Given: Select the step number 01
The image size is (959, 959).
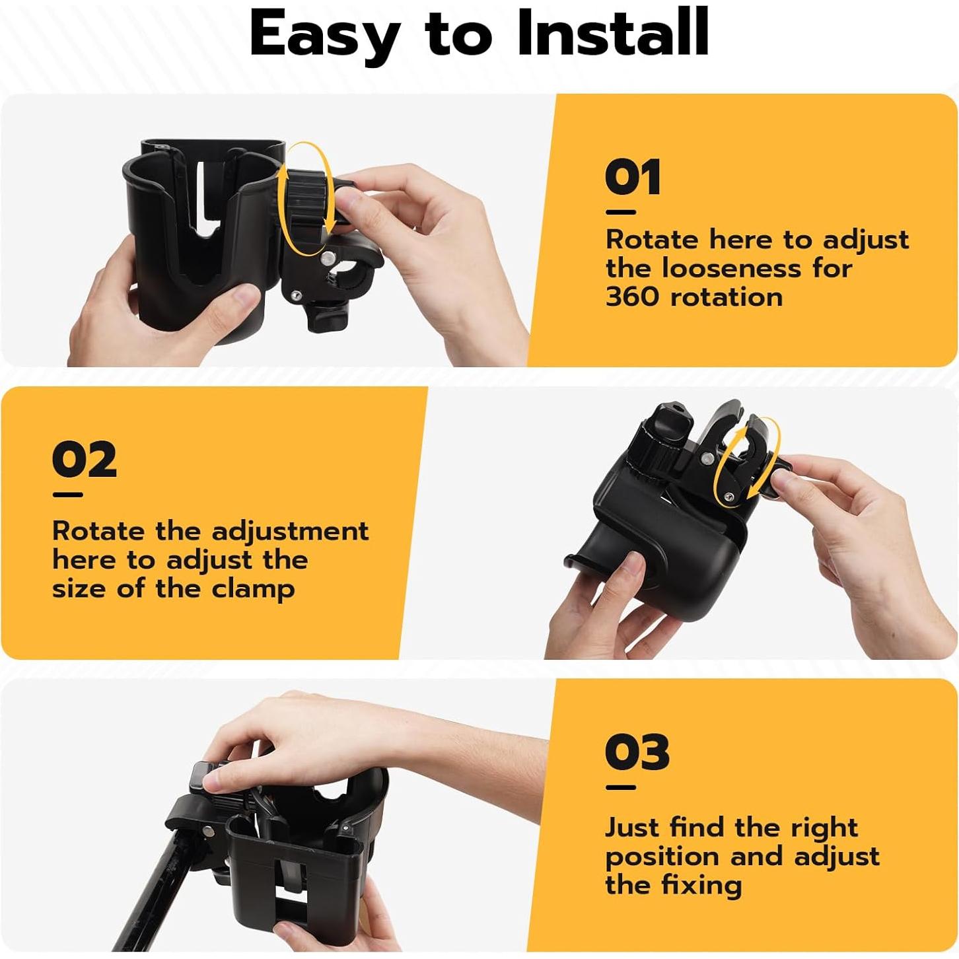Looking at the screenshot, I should coord(632,178).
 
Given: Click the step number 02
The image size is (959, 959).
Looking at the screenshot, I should coord(85,460).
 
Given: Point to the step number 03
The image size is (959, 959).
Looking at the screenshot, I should coord(637,752).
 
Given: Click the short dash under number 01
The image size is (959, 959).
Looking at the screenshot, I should coord(620,213).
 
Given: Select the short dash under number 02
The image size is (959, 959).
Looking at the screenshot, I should coord(67,495).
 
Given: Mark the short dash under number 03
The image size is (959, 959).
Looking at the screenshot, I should coord(620,787).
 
